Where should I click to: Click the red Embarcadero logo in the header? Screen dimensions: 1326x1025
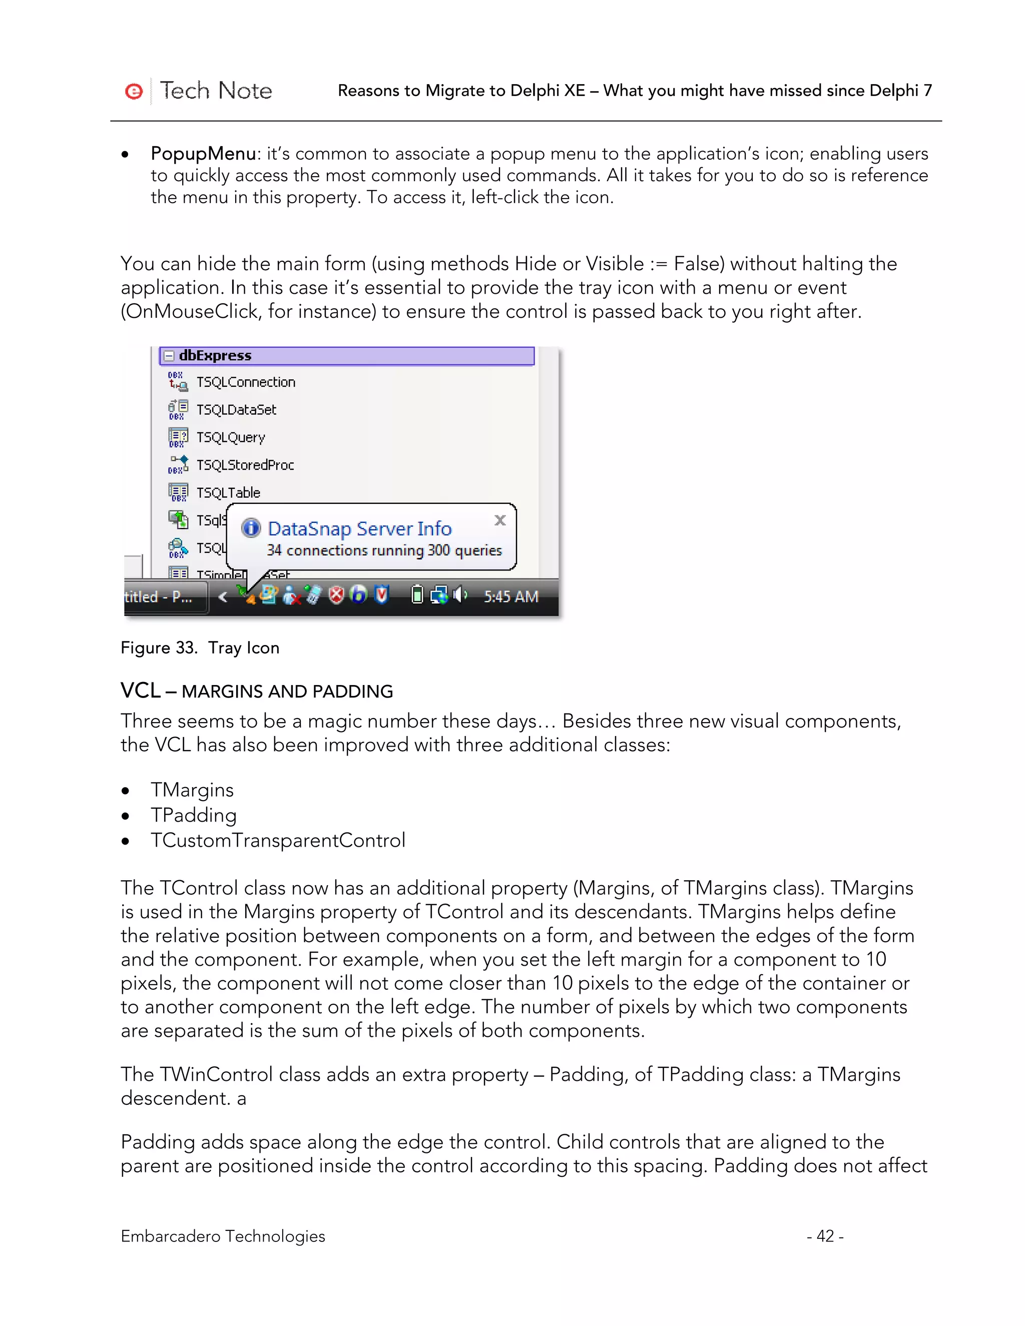[x=134, y=91]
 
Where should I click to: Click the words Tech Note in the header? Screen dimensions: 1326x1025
[x=216, y=91]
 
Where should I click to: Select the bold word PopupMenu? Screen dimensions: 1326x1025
[x=203, y=154]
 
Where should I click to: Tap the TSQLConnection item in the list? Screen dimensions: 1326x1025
[x=245, y=382]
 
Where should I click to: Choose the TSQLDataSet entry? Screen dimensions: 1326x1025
[x=236, y=410]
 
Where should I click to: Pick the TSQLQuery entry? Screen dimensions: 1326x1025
[x=230, y=437]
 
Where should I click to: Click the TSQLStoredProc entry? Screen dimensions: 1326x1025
[x=245, y=465]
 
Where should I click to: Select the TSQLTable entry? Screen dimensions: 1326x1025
[x=228, y=492]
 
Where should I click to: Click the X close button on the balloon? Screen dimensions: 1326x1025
[x=500, y=520]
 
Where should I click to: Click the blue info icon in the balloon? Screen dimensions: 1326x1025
[x=251, y=528]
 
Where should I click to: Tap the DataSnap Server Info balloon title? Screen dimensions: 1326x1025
[x=359, y=529]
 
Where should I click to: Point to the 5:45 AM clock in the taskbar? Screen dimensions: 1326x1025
[x=510, y=596]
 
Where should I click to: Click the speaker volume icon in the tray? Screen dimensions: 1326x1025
[x=460, y=594]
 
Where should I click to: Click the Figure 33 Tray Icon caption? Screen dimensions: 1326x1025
[x=200, y=648]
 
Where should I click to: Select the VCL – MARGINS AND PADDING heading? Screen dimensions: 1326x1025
[x=256, y=691]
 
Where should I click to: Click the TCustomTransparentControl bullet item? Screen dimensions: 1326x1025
[x=277, y=840]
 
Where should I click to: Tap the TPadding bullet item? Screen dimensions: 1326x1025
[x=193, y=815]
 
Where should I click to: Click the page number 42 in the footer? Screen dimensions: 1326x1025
[x=825, y=1236]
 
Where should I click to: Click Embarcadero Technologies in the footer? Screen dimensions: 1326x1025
[x=223, y=1236]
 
